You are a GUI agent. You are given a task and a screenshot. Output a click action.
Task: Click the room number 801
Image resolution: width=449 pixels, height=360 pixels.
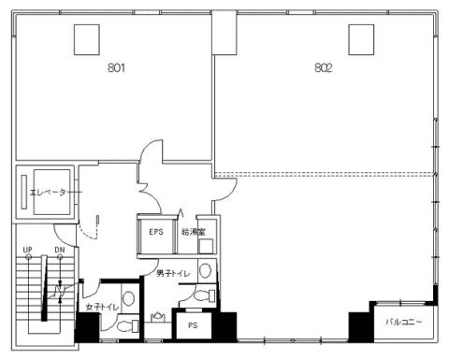click(116, 67)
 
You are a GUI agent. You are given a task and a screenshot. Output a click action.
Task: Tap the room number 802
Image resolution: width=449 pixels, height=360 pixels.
click(324, 67)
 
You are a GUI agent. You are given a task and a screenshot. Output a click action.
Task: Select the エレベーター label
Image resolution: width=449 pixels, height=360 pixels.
click(48, 193)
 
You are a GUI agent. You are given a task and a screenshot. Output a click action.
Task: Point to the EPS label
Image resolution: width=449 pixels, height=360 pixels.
click(156, 232)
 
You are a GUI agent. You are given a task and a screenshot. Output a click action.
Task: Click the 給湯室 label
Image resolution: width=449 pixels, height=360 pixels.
click(194, 232)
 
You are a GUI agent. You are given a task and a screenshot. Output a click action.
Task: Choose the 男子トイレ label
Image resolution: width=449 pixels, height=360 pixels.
click(173, 273)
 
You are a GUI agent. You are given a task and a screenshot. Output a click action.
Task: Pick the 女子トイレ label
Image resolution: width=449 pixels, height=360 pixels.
click(102, 307)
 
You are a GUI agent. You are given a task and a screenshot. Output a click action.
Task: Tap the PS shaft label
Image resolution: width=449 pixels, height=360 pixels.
click(193, 325)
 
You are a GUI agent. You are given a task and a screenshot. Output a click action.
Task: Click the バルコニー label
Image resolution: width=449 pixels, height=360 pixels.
click(404, 322)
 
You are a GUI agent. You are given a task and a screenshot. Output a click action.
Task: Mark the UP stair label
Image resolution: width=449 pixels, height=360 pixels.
click(27, 250)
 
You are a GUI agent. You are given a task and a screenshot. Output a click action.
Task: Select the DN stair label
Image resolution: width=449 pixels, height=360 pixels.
click(60, 250)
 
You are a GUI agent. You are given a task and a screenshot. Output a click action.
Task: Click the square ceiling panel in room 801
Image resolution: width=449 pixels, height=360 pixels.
click(87, 39)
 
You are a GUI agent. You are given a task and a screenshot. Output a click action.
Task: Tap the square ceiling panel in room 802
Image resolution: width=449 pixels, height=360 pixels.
click(361, 39)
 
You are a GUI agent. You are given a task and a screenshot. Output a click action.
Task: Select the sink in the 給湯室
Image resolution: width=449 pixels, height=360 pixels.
click(206, 246)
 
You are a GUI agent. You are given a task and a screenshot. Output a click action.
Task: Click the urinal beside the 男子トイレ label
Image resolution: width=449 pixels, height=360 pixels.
click(205, 270)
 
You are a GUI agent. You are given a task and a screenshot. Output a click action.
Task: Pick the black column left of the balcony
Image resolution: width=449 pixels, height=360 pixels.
click(361, 327)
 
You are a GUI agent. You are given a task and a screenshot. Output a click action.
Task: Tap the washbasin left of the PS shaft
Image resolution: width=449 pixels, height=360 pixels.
click(158, 317)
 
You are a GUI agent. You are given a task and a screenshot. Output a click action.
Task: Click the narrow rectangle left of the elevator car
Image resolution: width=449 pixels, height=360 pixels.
click(24, 192)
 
